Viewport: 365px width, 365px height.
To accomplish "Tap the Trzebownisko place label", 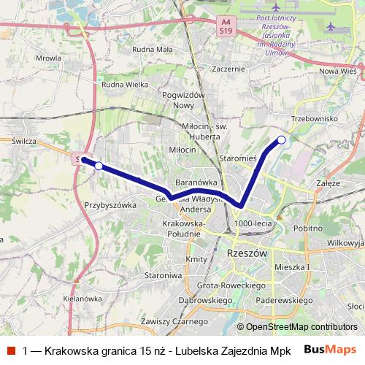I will pos(313,118).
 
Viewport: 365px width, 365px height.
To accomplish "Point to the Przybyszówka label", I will pos(110,206).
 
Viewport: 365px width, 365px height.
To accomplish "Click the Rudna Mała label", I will pos(152,50).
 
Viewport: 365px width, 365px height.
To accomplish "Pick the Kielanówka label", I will pos(82,299).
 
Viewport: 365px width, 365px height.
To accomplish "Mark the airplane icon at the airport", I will pos(333,26).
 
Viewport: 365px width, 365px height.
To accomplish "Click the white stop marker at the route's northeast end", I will pos(281,139).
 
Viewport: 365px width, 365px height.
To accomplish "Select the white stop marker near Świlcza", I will pos(99,166).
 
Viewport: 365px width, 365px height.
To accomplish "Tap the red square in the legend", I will pos(10,350).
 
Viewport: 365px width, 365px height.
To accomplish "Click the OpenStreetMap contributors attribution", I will pos(296,327).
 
